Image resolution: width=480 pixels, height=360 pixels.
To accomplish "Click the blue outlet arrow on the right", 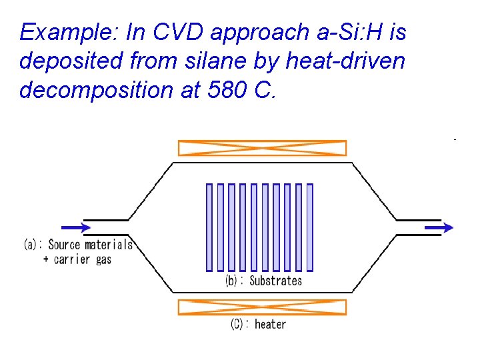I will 438,227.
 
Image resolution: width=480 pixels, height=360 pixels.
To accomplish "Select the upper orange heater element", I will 262,147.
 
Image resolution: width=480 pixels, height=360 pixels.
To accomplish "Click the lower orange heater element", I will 262,307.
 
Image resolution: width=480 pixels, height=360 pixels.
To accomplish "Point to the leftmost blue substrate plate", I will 209,227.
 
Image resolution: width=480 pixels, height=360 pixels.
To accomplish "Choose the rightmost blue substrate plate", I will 309,227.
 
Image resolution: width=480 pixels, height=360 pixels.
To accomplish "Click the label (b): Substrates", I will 263,281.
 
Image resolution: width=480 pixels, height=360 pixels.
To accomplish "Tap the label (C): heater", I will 258,325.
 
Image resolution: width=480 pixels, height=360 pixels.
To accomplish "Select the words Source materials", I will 90,245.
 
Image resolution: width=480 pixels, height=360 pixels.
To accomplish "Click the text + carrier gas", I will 77,259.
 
